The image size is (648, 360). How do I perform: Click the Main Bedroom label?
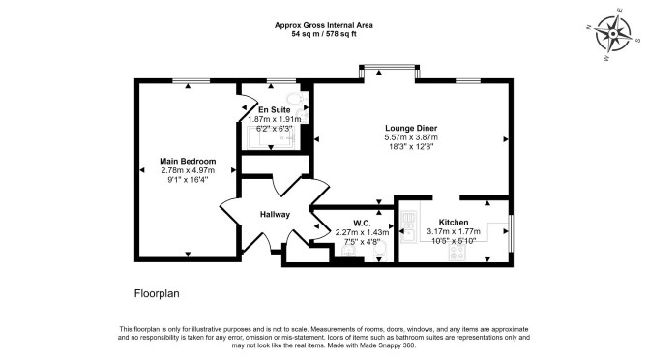(188, 162)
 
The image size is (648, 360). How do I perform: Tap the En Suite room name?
(275, 110)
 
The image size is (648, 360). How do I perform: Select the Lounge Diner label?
(411, 128)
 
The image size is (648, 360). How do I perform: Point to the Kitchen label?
(454, 223)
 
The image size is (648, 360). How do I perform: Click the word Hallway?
(275, 215)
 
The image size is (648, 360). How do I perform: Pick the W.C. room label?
(362, 224)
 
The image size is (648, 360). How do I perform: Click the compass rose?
(613, 34)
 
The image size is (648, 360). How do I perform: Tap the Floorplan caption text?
(157, 294)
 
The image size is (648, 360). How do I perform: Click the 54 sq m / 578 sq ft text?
(324, 34)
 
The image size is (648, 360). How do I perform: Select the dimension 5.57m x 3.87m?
(411, 137)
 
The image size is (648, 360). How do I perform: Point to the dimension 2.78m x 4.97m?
(188, 170)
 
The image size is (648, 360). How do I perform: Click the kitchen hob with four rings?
(457, 253)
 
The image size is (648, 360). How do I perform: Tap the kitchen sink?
(408, 226)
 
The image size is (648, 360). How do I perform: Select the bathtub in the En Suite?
(271, 137)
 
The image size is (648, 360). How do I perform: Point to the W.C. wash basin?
(348, 252)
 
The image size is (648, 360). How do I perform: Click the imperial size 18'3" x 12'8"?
(411, 147)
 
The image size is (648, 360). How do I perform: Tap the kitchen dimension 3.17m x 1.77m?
(454, 231)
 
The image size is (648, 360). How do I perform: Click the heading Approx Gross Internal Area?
(324, 25)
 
